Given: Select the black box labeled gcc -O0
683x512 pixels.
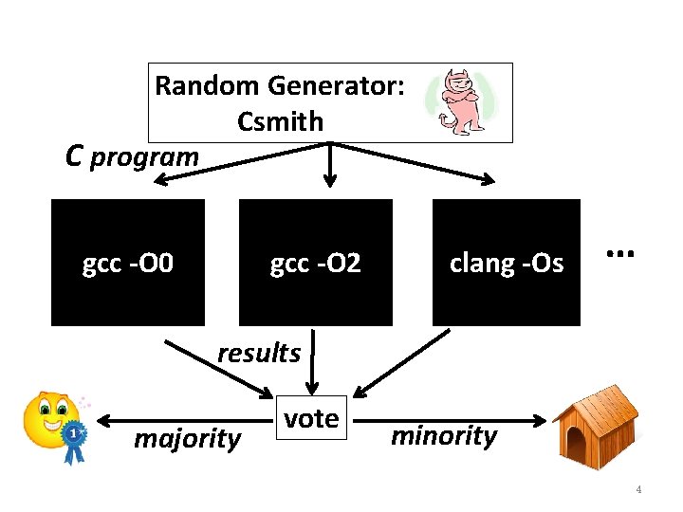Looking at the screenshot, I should pyautogui.click(x=127, y=263).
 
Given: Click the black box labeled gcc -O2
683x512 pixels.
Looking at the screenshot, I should pyautogui.click(x=315, y=263).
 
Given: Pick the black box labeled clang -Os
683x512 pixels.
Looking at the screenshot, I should pyautogui.click(x=506, y=263).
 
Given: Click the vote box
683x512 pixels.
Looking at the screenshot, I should pyautogui.click(x=311, y=418).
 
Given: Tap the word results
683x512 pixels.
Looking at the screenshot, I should pyautogui.click(x=258, y=354).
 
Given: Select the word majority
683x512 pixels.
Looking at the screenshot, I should pyautogui.click(x=187, y=439).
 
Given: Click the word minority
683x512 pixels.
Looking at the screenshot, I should pyautogui.click(x=444, y=436).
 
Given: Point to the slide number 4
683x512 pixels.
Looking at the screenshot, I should pyautogui.click(x=638, y=489).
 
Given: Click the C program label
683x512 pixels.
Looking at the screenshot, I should pyautogui.click(x=132, y=155).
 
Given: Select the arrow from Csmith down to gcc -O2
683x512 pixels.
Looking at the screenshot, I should pyautogui.click(x=328, y=166).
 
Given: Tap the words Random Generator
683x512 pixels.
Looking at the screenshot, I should pyautogui.click(x=280, y=86).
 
